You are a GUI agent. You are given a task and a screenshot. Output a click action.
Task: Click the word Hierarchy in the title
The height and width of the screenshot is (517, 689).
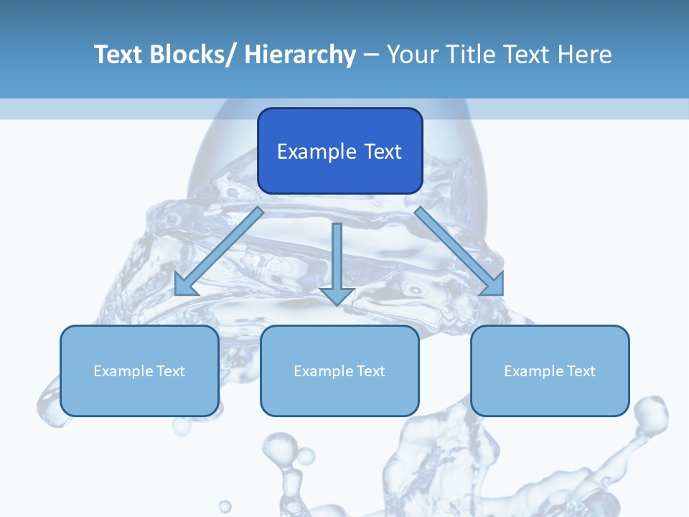click(299, 55)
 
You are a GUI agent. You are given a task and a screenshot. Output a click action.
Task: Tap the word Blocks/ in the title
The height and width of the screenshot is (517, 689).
click(190, 55)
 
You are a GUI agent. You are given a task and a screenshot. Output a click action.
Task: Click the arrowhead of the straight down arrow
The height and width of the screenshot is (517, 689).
click(337, 296)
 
